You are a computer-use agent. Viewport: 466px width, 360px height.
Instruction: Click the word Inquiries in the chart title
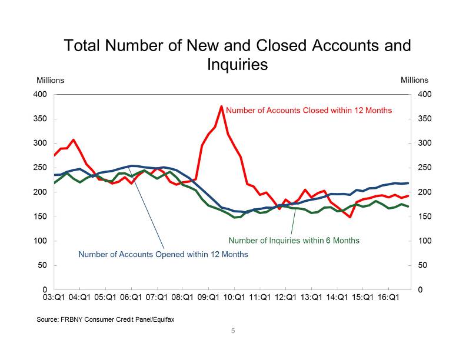tap(237, 64)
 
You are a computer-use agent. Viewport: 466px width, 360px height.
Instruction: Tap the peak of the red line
tap(221, 106)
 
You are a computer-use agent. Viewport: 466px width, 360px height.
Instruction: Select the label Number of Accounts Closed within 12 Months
tap(309, 110)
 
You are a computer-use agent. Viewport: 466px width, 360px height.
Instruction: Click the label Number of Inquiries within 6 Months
tap(294, 240)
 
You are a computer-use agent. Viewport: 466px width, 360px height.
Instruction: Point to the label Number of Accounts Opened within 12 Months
tap(164, 255)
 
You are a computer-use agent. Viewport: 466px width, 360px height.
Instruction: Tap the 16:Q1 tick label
tap(388, 298)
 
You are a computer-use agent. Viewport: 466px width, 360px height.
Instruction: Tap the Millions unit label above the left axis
tap(50, 80)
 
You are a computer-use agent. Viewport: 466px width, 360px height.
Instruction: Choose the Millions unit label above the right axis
tap(414, 80)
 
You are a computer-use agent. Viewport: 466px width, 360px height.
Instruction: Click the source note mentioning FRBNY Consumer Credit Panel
tap(105, 319)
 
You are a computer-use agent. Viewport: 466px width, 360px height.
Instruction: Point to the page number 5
tap(233, 331)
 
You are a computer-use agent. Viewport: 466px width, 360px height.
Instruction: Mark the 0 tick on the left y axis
tap(45, 290)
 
